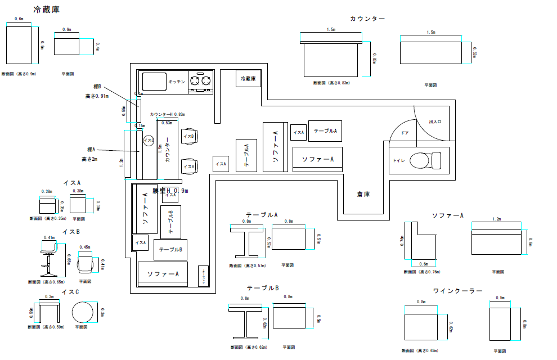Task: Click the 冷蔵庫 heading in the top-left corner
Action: (x=47, y=10)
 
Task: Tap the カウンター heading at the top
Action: (x=367, y=19)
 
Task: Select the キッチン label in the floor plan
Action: (x=177, y=82)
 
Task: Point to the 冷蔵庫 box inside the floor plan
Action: (x=248, y=79)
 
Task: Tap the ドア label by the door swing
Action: (x=405, y=133)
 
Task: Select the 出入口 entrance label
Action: (x=435, y=121)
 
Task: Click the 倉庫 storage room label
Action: (x=363, y=194)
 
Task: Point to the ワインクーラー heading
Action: (x=457, y=291)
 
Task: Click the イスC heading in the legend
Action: (x=70, y=292)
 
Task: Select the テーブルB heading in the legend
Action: (x=262, y=288)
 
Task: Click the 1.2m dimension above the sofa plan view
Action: (x=496, y=219)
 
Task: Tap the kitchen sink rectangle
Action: (x=154, y=82)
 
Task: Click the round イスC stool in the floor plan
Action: (x=149, y=141)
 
